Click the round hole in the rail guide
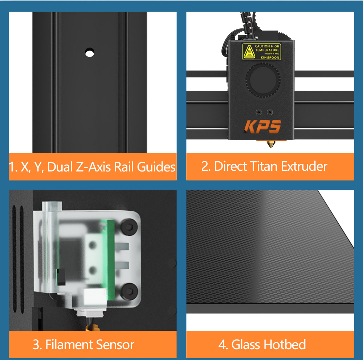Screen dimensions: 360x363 click(x=89, y=52)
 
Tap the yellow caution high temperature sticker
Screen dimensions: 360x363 click(x=261, y=52)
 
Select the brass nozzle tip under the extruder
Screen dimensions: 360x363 click(x=270, y=145)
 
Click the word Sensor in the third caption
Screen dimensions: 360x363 click(x=114, y=344)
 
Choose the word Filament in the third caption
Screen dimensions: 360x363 click(x=69, y=344)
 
